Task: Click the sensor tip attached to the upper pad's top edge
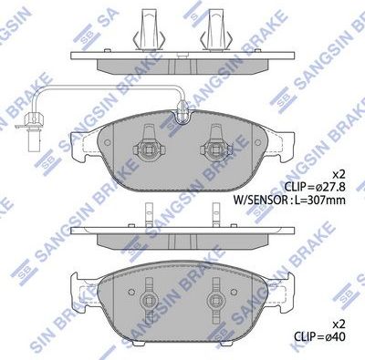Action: click(x=182, y=113)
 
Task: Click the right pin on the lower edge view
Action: click(x=219, y=211)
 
